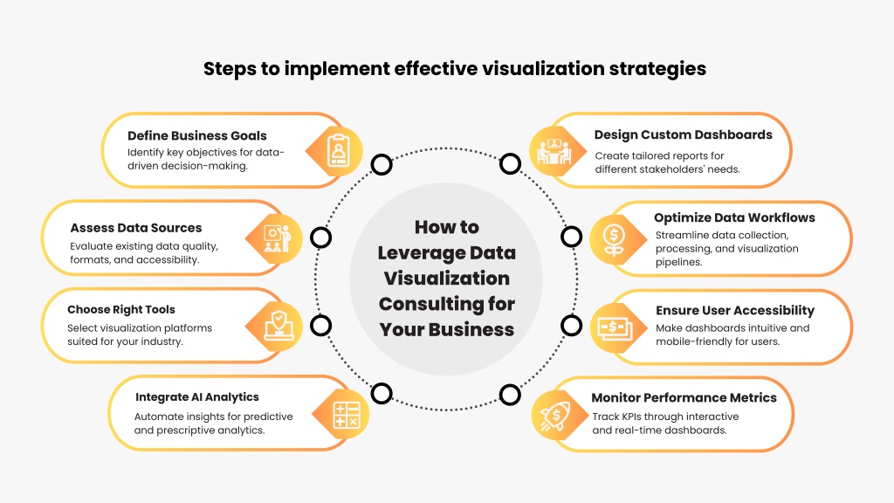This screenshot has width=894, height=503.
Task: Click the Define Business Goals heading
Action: pos(196,135)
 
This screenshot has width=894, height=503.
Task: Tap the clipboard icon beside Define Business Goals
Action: pos(339,150)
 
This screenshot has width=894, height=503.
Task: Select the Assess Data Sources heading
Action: pos(135,228)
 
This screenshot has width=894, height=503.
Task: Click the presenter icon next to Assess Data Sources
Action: pos(278,239)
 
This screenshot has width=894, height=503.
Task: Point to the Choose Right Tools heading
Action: pos(120,310)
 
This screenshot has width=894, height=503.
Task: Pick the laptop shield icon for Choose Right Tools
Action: pos(279,326)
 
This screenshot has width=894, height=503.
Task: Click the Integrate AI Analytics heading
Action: pos(196,397)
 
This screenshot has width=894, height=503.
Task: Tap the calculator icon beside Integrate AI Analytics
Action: pos(346,415)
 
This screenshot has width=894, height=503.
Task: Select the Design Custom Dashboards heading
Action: pos(683,134)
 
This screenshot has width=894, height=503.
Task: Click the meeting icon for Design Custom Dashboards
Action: pos(554,151)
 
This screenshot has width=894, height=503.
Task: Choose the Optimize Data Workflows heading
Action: pos(734,217)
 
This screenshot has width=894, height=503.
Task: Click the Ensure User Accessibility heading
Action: pos(735,310)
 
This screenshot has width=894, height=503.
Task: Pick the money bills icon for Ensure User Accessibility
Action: pos(615,328)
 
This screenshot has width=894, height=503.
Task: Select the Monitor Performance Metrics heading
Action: pos(684,397)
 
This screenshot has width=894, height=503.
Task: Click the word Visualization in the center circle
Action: pos(446,279)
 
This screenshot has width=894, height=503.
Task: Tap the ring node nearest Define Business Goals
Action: pos(382,164)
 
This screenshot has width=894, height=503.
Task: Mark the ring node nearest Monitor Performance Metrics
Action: pos(510,395)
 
